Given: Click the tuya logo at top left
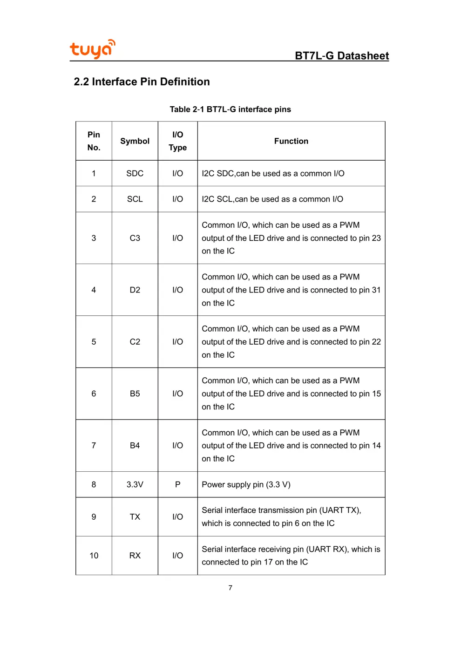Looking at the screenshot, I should point(92,49).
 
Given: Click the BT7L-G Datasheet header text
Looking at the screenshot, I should point(342,56).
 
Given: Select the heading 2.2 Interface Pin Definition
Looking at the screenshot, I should point(142,82).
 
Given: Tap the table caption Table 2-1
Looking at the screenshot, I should point(230,109).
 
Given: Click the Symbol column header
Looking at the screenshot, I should point(135,141).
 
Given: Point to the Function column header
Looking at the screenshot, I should point(291,141).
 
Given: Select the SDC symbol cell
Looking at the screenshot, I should point(135,173).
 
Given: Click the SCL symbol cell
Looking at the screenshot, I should point(135,199).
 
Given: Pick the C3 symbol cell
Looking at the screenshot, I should point(135,238).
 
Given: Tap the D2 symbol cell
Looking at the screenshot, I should point(135,290).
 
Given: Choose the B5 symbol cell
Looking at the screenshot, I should point(135,394).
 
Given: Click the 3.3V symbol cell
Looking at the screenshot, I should point(135,484).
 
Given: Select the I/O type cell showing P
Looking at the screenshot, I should point(177,484).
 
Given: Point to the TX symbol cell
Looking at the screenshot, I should point(135,516).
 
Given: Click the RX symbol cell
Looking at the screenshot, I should point(135,555).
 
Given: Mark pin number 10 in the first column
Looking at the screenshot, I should point(94,555).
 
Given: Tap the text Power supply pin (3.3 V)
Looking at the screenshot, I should point(246,484).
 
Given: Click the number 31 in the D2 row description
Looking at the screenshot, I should point(376,290).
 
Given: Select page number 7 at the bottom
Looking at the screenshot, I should point(230,588).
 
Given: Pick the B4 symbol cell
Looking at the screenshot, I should point(135,445).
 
